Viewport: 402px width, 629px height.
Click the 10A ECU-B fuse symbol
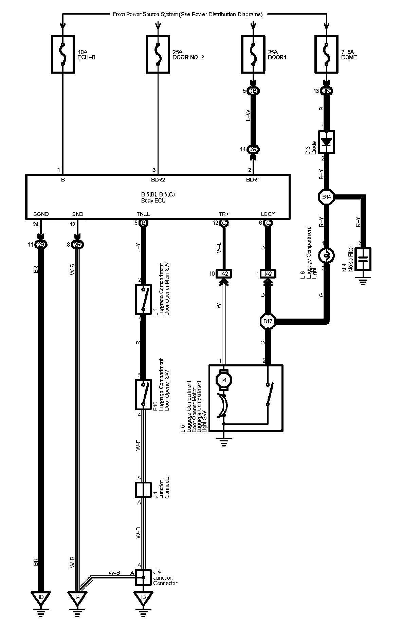(x=63, y=54)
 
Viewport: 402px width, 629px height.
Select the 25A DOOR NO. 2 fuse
(x=158, y=54)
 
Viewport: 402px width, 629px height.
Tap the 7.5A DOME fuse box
(x=326, y=54)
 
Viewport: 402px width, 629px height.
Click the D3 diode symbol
(x=326, y=141)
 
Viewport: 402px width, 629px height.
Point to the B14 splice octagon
(x=326, y=197)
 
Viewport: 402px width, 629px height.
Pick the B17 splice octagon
(x=268, y=321)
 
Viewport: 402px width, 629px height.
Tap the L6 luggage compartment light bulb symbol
(x=326, y=255)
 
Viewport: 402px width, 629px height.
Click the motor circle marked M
(x=224, y=380)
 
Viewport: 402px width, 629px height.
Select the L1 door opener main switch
(x=143, y=300)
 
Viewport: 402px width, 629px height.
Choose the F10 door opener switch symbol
(x=143, y=395)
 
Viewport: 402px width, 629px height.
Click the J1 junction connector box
(x=143, y=490)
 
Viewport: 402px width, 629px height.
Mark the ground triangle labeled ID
(x=41, y=606)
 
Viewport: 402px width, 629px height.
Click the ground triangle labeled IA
(x=77, y=606)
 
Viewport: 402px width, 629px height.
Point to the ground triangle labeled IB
(x=143, y=606)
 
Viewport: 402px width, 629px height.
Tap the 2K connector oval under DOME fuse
(x=326, y=91)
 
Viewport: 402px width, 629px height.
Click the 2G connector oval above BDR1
(x=253, y=149)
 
